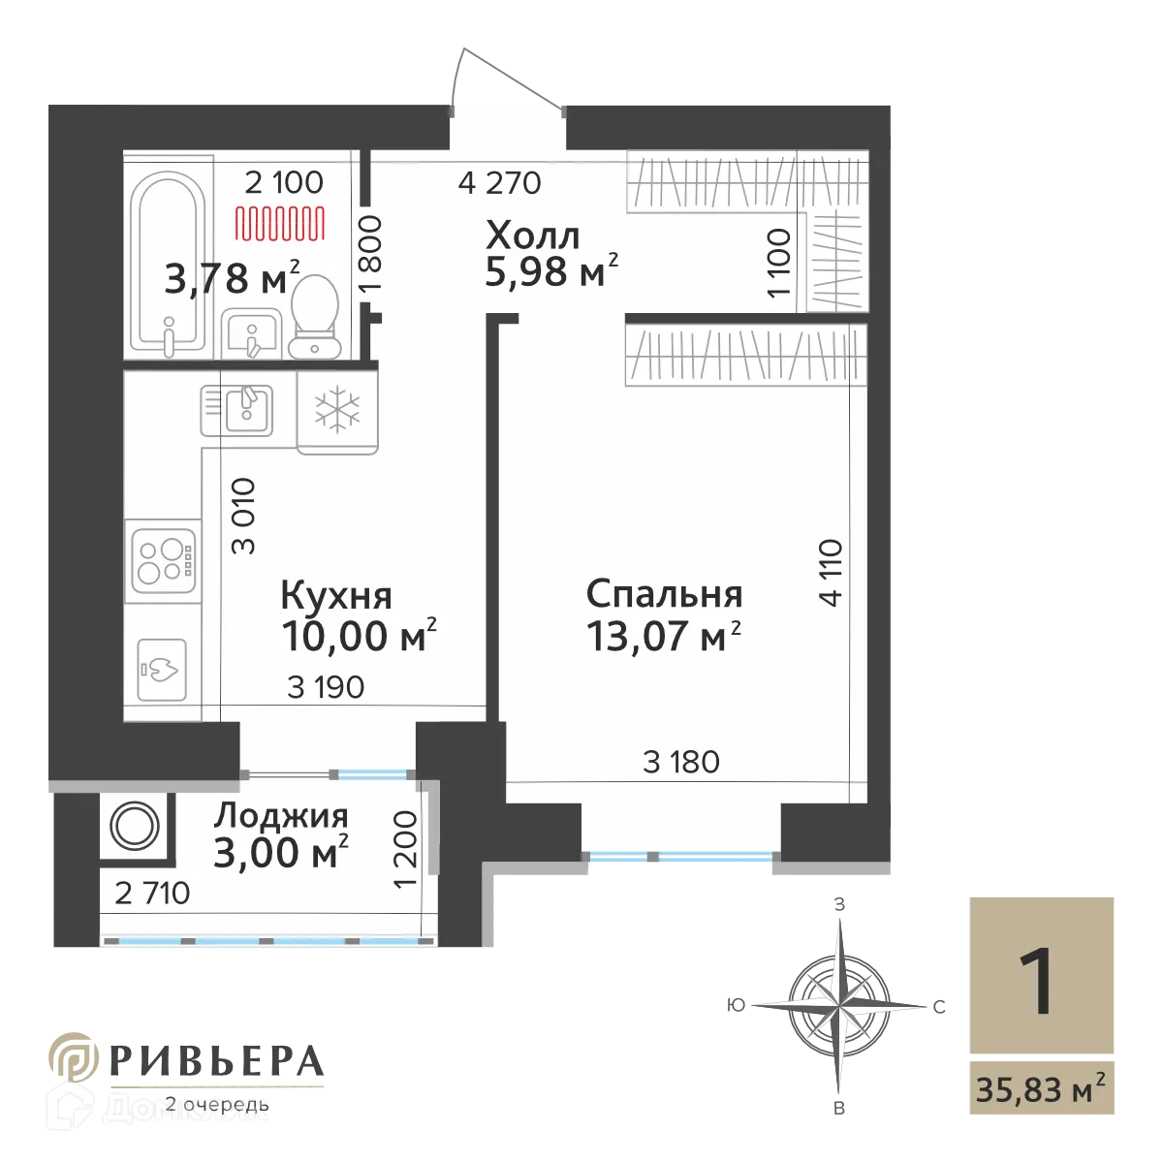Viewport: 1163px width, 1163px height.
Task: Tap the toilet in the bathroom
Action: [x=312, y=316]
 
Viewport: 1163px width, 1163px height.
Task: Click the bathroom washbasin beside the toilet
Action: [x=251, y=335]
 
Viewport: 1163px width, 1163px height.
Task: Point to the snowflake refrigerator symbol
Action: [x=336, y=411]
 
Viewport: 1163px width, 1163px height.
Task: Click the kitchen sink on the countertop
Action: [x=239, y=408]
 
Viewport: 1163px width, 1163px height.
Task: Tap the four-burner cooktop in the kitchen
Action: [x=163, y=560]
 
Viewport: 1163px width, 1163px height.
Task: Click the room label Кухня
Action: [x=336, y=594]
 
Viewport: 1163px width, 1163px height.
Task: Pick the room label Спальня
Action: [x=665, y=593]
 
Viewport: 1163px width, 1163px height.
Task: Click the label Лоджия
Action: [x=281, y=817]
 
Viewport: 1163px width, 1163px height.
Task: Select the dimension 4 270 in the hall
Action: [x=499, y=182]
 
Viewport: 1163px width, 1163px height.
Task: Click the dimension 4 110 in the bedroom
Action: [x=832, y=573]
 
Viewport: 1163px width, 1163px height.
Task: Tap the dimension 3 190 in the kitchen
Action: [x=326, y=687]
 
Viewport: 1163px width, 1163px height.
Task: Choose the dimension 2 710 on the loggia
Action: [x=152, y=893]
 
